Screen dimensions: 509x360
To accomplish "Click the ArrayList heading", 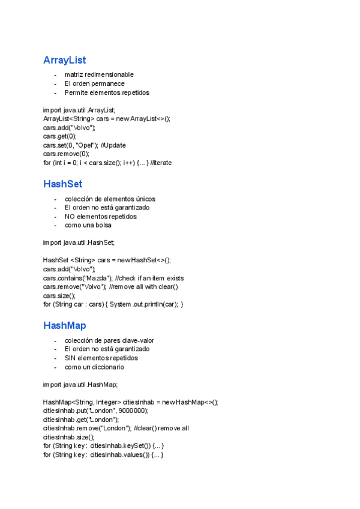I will pos(64,60).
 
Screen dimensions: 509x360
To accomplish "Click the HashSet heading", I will pos(62,184).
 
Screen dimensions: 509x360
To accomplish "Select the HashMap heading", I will pos(64,325).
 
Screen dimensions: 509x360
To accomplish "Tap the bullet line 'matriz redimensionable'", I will pos(99,74).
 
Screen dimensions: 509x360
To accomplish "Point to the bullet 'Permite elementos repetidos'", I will pos(107,92).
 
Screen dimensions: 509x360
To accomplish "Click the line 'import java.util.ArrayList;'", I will pos(79,110).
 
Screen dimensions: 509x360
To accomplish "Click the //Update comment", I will pos(113,145).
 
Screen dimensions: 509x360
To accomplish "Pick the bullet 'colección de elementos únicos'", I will pos(110,199).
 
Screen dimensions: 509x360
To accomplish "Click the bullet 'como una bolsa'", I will pos(88,225).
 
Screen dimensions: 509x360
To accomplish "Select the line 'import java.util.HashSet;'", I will pos(79,242).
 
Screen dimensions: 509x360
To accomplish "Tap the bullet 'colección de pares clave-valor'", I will pos(109,340).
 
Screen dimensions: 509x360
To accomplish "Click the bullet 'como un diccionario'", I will pos(94,367).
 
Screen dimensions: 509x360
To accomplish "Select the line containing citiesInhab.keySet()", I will pos(103,446).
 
